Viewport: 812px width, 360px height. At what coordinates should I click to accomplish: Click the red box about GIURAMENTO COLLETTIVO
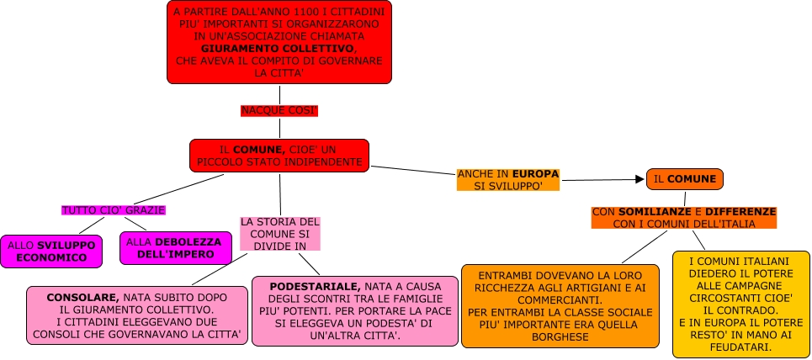[x=279, y=43]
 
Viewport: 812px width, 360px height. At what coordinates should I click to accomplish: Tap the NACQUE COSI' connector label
[x=279, y=111]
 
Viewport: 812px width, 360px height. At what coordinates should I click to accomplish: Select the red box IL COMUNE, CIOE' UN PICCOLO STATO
[x=279, y=155]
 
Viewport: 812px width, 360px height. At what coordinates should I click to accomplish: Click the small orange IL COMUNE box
[x=685, y=179]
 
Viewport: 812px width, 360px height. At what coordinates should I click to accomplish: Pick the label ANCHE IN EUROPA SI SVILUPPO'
[x=507, y=179]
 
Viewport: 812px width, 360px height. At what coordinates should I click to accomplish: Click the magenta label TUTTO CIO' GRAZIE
[x=113, y=209]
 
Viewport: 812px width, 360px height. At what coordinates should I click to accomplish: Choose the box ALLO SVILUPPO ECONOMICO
[x=51, y=251]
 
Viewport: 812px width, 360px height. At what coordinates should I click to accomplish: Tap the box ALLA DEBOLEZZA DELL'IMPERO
[x=173, y=248]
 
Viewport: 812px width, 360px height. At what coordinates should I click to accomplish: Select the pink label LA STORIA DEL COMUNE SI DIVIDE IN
[x=279, y=233]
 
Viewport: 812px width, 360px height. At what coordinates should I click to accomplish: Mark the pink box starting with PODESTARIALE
[x=353, y=311]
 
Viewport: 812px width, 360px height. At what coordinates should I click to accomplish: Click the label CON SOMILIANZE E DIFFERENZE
[x=683, y=217]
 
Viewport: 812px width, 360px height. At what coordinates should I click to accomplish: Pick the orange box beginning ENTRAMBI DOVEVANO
[x=560, y=306]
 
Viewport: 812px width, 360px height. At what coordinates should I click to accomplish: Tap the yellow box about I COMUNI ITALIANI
[x=740, y=304]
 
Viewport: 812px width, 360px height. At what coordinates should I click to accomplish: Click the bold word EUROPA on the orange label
[x=536, y=174]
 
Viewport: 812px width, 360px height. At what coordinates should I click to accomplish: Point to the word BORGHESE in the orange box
[x=560, y=337]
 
